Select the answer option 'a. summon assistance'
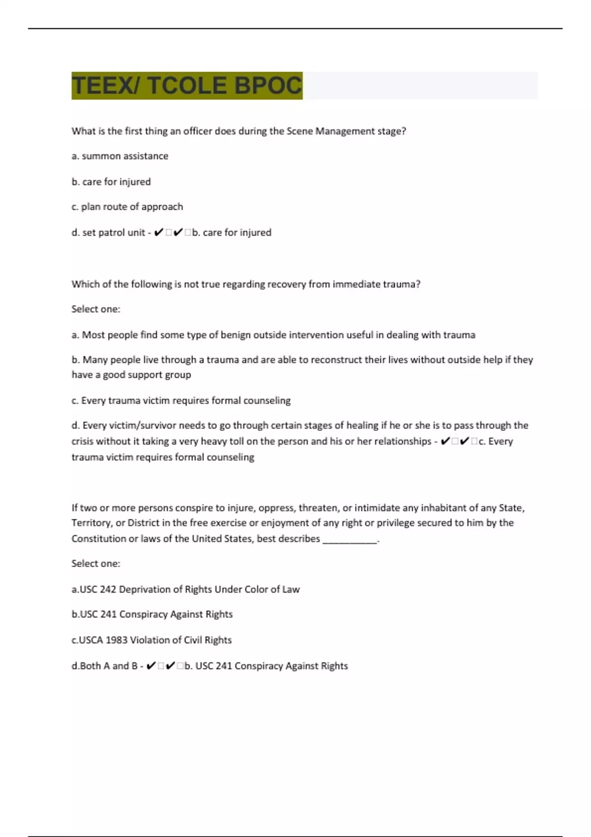[x=120, y=156]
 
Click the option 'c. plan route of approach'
[x=127, y=207]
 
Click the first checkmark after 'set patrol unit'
[x=158, y=232]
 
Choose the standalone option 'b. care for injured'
[x=111, y=182]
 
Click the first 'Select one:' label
[x=96, y=309]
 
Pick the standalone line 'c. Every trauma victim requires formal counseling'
[x=181, y=400]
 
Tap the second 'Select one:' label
[x=96, y=564]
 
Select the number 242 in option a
[x=108, y=589]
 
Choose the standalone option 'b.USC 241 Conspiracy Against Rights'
[x=152, y=614]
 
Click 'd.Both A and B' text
[x=104, y=666]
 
